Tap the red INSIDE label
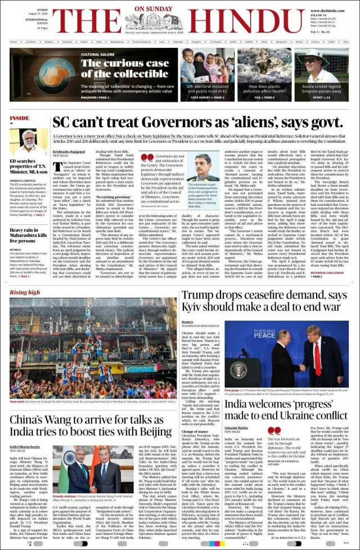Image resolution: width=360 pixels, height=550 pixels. tap(20, 118)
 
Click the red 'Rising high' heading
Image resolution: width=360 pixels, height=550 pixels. tap(25, 292)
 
